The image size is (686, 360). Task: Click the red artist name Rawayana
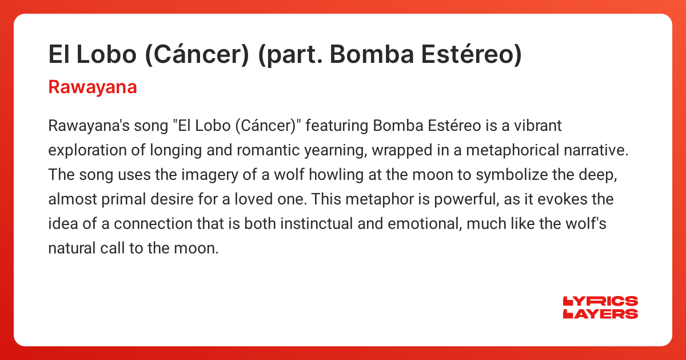point(93,87)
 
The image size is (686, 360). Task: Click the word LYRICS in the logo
point(600,302)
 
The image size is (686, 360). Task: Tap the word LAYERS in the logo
point(600,314)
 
